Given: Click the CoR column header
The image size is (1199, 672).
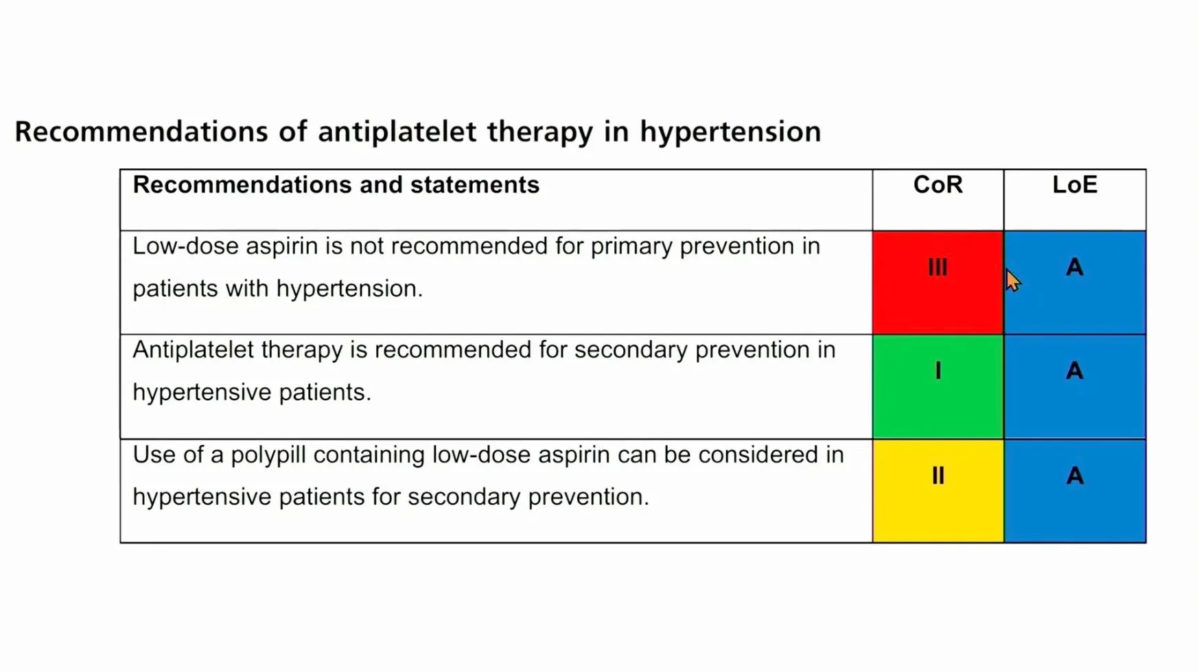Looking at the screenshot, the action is (938, 185).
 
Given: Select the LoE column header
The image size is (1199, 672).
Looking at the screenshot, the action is (1075, 185).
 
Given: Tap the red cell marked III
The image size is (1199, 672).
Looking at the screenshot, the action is (938, 282).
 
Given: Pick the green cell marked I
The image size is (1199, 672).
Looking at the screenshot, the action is (938, 386).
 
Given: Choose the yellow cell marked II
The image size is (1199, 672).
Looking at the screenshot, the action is (938, 491).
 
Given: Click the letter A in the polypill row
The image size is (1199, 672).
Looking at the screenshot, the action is (1075, 476).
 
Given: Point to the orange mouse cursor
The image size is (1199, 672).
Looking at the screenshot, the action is (1013, 280).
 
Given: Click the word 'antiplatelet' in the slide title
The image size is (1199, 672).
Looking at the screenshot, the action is (397, 131).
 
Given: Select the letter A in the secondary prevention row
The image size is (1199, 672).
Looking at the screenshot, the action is (1075, 371).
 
